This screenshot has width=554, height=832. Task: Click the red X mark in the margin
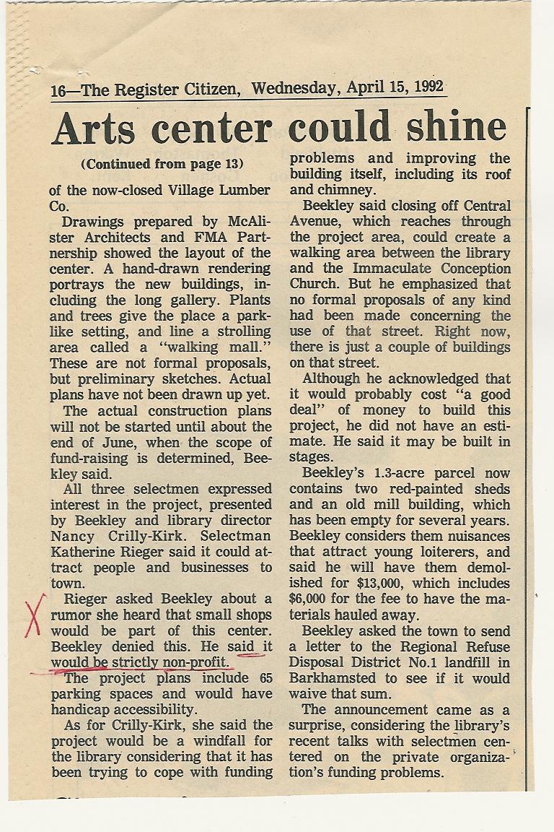(x=35, y=615)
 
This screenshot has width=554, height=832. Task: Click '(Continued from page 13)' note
(x=162, y=164)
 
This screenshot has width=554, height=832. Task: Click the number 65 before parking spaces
(x=264, y=678)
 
